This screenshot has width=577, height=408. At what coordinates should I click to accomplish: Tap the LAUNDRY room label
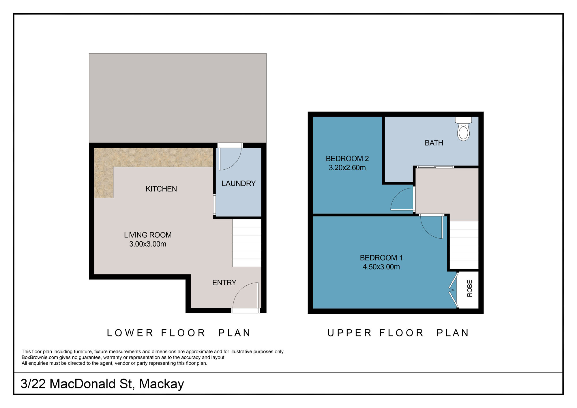[239, 184]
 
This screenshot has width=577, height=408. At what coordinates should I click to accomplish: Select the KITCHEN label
[161, 189]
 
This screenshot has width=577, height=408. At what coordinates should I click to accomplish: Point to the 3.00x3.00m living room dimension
[148, 244]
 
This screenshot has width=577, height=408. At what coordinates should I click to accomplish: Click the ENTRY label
[224, 283]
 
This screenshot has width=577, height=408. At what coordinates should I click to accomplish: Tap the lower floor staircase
[247, 243]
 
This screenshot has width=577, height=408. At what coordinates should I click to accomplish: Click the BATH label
[434, 143]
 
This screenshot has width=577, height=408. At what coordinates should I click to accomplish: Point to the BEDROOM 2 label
[347, 159]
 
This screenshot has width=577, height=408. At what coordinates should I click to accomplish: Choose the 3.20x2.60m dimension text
[347, 168]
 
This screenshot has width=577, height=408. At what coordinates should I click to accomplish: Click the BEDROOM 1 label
[381, 258]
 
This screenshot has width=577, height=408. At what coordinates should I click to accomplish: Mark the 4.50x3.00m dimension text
[381, 267]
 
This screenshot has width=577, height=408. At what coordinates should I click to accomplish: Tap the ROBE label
[470, 288]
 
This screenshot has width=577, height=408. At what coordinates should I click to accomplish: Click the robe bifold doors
[454, 290]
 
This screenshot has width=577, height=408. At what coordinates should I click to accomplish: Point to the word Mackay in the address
[161, 384]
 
